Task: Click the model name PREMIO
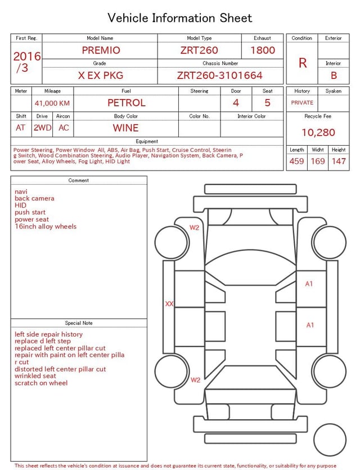[x=101, y=50]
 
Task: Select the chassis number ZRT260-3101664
[x=219, y=75]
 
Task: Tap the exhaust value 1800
[x=263, y=50]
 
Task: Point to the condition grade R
[x=303, y=63]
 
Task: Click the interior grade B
[x=334, y=75]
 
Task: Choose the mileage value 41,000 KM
[x=52, y=104]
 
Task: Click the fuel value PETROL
[x=127, y=103]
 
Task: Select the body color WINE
[x=126, y=128]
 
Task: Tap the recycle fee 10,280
[x=318, y=132]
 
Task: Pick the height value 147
[x=339, y=161]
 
